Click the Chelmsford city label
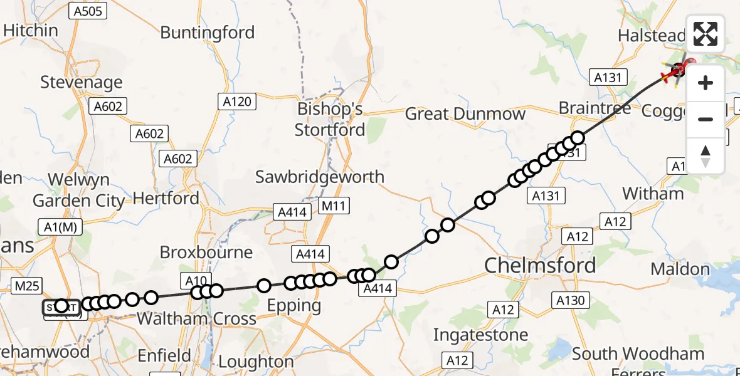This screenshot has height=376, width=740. coord(540,265)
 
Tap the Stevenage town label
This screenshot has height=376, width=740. coord(82,82)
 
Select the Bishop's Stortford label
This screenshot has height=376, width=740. coord(330,119)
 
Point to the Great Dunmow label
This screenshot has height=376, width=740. coord(465,114)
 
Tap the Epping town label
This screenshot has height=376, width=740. coord(294,306)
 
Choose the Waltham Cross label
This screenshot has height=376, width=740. coord(196,318)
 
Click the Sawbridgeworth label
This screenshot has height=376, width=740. coord(320,177)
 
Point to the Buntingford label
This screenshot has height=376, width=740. coord(208,33)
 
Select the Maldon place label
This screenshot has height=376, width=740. coord(680,269)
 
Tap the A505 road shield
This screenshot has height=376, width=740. coord(90,10)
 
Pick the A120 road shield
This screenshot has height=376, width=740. coord(237,101)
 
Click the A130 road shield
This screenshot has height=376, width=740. coord(570,301)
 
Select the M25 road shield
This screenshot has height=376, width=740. coord(27,286)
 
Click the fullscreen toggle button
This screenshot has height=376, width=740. coord(706,34)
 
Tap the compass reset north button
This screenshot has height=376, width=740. coord(706,155)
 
